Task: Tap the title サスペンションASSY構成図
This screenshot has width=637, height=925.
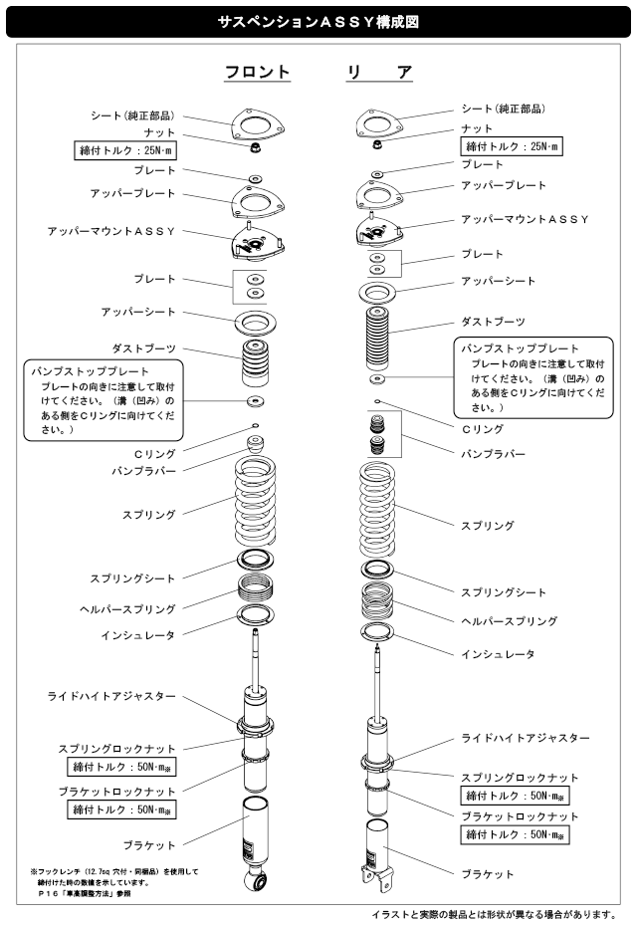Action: pos(318,19)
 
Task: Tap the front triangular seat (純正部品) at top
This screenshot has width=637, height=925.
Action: pos(258,121)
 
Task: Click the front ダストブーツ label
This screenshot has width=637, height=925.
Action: pos(143,347)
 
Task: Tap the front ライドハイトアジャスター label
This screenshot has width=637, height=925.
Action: pos(111,696)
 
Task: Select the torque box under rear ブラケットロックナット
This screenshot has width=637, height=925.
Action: pos(519,835)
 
